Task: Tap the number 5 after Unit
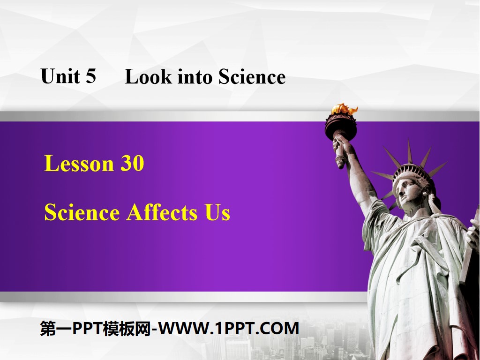coord(90,76)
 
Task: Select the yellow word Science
coord(82,212)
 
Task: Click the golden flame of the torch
coord(344,109)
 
